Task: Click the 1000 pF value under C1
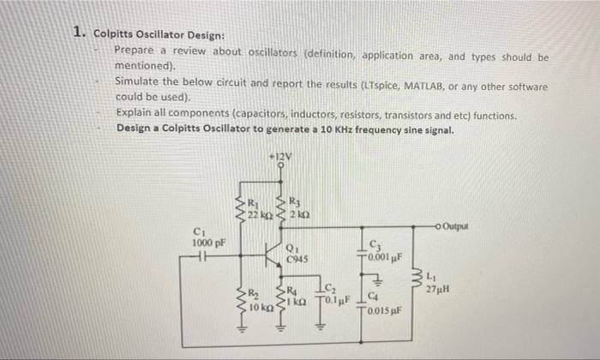(x=208, y=243)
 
